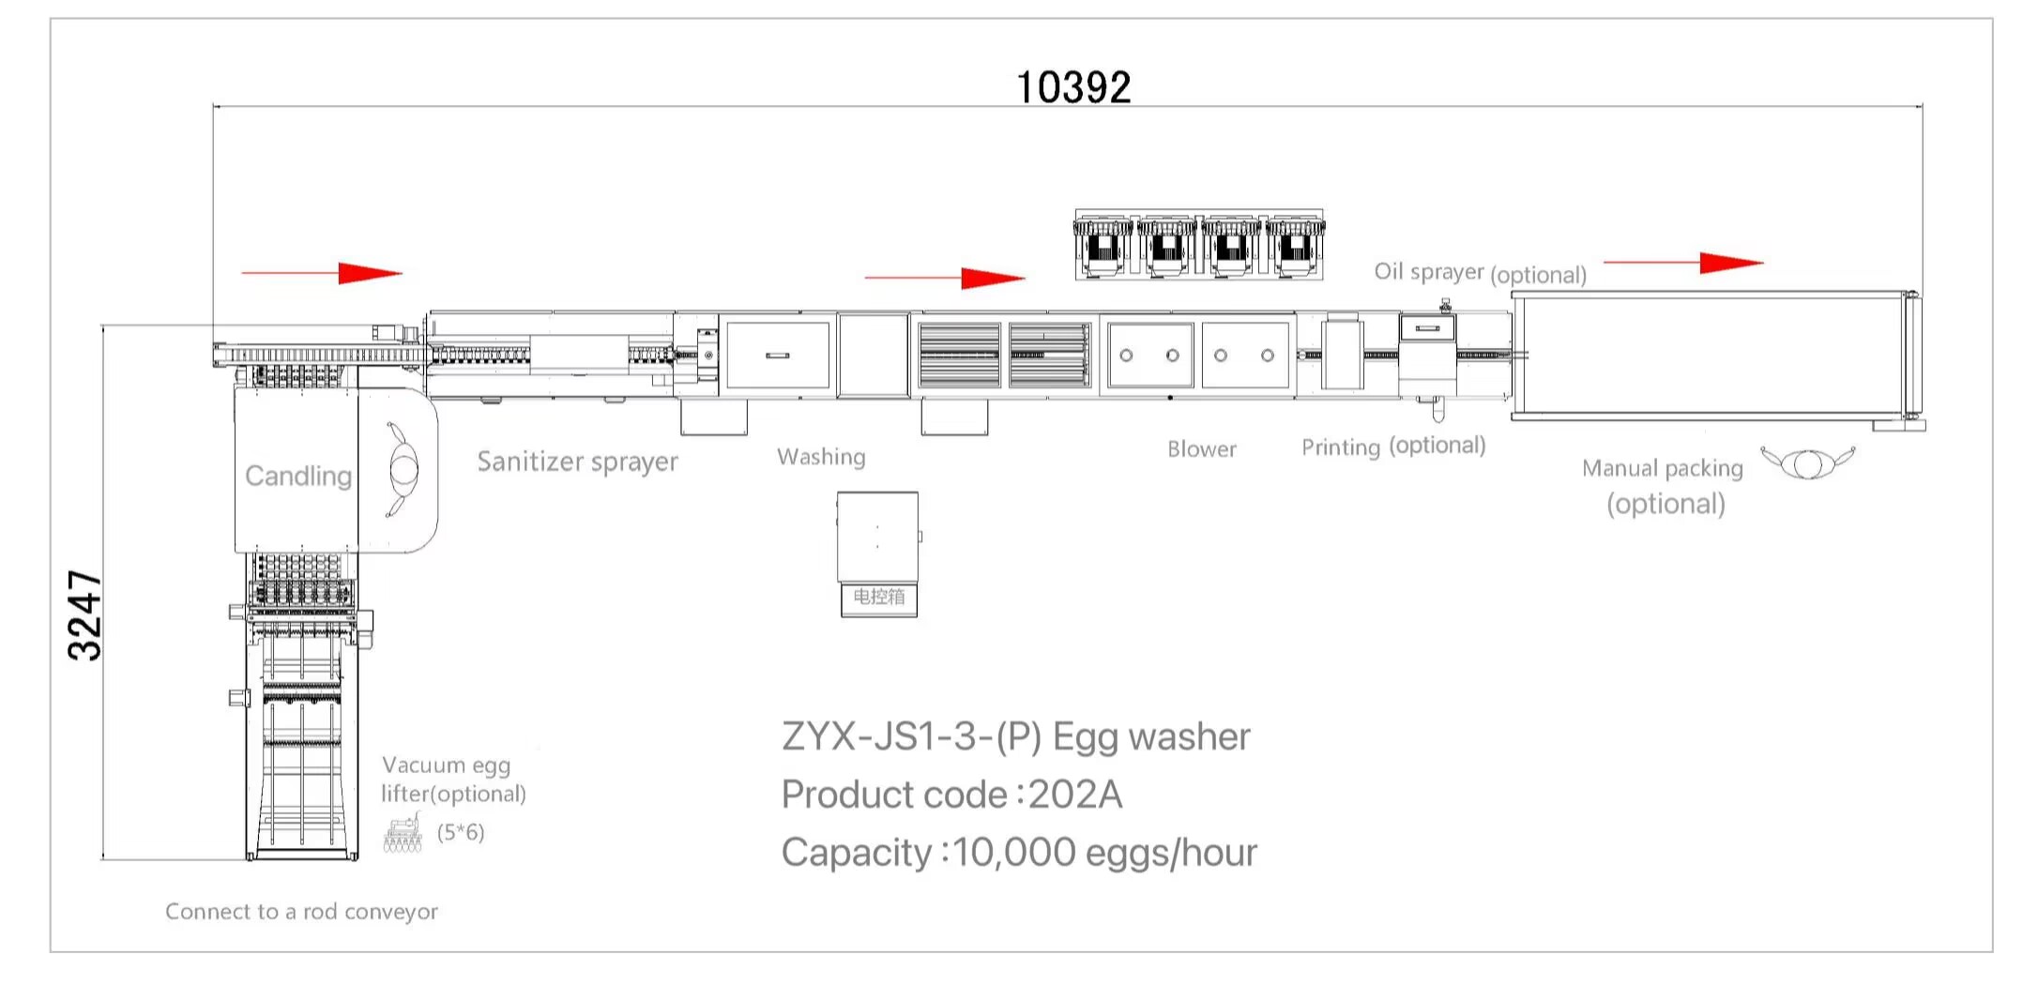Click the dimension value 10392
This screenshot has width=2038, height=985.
point(1073,87)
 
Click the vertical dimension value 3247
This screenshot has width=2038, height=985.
point(85,615)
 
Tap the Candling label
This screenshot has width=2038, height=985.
point(298,476)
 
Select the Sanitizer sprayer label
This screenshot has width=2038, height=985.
point(577,462)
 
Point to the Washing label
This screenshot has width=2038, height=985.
point(821,457)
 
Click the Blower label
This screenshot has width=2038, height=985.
point(1201,449)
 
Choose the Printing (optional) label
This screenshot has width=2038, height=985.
point(1393,446)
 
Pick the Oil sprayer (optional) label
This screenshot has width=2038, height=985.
point(1480,273)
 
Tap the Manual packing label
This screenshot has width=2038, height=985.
point(1662,468)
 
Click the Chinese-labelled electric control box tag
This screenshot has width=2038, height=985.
point(878,598)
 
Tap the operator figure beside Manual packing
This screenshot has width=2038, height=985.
point(1807,463)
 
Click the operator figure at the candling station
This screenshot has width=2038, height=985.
point(403,469)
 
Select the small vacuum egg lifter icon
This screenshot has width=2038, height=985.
point(403,833)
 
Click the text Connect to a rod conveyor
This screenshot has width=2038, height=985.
point(301,912)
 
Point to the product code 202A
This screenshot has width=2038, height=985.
point(1075,795)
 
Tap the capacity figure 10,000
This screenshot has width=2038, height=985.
point(1013,853)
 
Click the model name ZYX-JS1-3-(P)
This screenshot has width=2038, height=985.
point(911,737)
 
